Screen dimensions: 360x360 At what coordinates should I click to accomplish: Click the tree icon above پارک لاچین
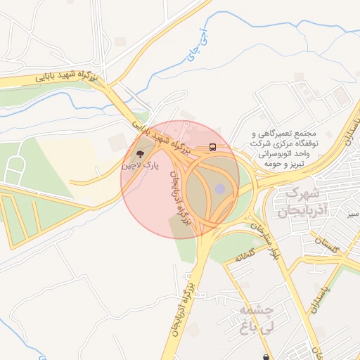[139, 153]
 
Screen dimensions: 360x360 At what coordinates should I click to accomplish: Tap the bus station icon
[212, 148]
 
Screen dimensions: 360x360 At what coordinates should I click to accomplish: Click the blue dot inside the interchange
[219, 188]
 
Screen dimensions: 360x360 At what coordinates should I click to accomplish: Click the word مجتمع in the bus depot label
[307, 133]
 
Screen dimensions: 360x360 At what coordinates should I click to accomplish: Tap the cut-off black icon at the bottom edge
[266, 356]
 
